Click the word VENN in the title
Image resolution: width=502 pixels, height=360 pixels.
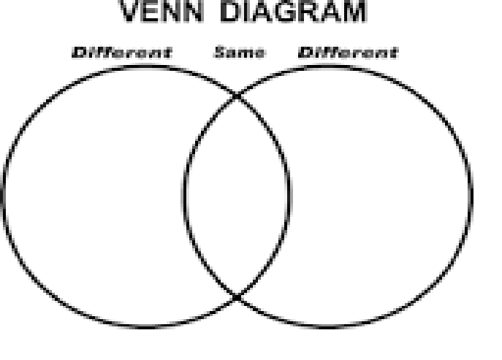point(161,11)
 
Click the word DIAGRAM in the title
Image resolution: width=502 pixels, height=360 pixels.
point(294,11)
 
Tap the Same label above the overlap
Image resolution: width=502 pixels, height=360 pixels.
point(240,52)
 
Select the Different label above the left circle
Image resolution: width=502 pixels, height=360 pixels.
point(122,53)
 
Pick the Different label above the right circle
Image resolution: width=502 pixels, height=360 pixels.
point(349,53)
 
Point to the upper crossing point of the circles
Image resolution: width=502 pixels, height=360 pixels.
point(237,96)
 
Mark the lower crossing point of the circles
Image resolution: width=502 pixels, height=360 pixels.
point(237,298)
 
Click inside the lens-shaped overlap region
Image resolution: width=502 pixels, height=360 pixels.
point(237,196)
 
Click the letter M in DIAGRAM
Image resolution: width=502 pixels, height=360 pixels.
point(354,11)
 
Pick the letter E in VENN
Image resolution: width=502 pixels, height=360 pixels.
point(151,11)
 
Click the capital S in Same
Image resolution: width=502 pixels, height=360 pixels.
point(219,52)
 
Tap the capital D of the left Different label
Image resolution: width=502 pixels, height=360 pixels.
point(78,53)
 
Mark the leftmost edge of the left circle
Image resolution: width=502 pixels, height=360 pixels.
point(4,196)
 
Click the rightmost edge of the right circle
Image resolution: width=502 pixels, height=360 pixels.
point(471,196)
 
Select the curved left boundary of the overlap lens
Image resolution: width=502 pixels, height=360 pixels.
point(185,196)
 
